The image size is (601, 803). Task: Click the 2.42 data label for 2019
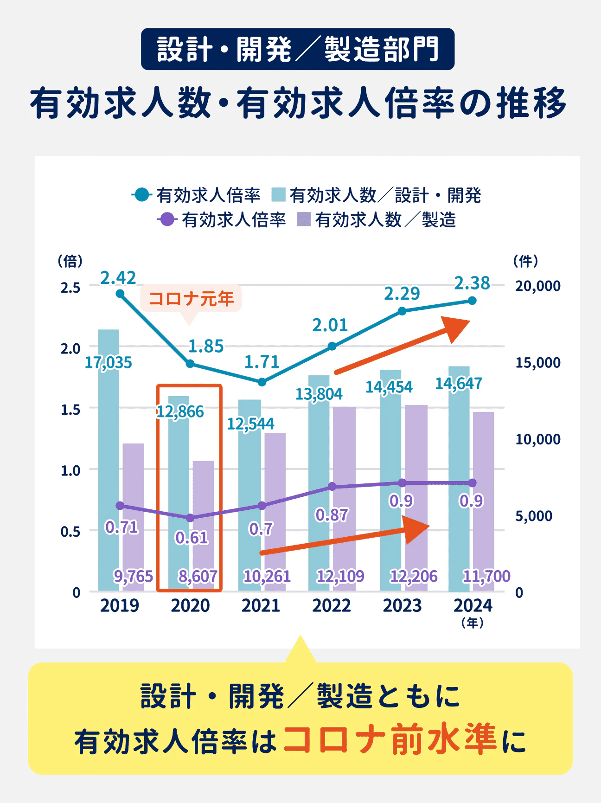pyautogui.click(x=118, y=278)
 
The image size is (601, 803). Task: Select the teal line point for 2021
pyautogui.click(x=262, y=382)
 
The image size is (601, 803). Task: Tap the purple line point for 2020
pyautogui.click(x=190, y=518)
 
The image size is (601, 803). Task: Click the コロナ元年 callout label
pyautogui.click(x=191, y=298)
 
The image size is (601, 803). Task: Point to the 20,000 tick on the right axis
pyautogui.click(x=537, y=286)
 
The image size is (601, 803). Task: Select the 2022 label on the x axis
pyautogui.click(x=332, y=605)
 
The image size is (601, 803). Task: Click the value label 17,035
pyautogui.click(x=108, y=362)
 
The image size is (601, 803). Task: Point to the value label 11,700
pyautogui.click(x=486, y=576)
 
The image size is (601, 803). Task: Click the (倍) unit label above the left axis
pyautogui.click(x=70, y=261)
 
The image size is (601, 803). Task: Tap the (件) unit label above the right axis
pyautogui.click(x=525, y=261)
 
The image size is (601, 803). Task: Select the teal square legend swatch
pyautogui.click(x=278, y=195)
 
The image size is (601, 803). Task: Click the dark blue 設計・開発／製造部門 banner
pyautogui.click(x=298, y=49)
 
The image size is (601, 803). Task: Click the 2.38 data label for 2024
pyautogui.click(x=472, y=283)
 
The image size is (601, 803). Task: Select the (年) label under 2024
pyautogui.click(x=473, y=623)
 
